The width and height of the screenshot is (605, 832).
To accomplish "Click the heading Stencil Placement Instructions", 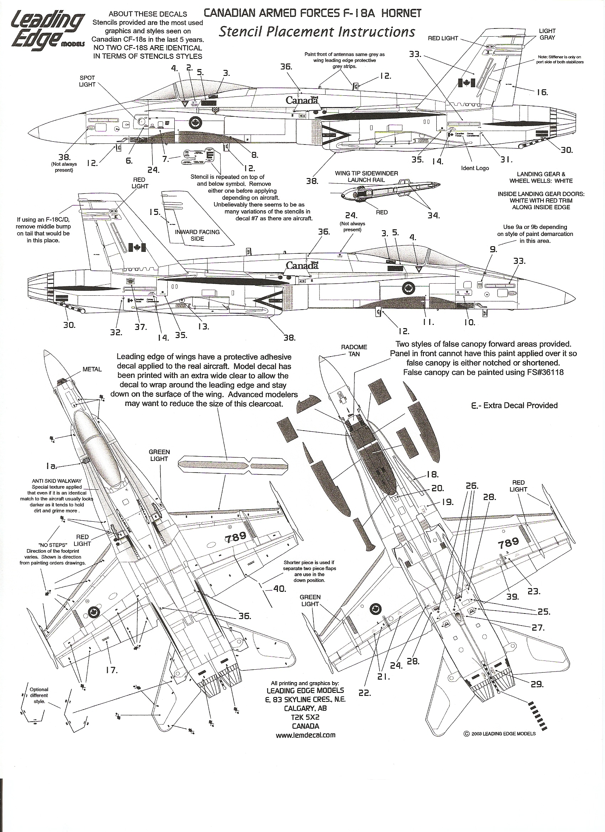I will [x=317, y=32].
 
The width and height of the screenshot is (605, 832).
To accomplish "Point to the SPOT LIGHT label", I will [x=87, y=81].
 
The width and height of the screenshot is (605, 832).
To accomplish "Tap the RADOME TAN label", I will [x=354, y=350].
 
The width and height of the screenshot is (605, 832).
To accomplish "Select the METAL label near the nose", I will [x=92, y=369].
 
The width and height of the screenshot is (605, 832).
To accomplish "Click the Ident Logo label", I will [x=475, y=168].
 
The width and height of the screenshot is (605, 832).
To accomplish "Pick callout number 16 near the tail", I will [x=542, y=92].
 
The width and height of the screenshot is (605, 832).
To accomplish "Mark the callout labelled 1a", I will [x=51, y=466].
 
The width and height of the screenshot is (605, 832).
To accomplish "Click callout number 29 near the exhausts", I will [x=537, y=684].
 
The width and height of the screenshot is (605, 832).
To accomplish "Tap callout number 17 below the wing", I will [x=111, y=670].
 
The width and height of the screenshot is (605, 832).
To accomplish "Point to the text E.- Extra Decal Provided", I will [x=514, y=405].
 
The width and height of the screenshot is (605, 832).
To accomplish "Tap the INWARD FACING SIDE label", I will [x=197, y=235].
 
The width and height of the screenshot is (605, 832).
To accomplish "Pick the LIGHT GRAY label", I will [x=547, y=34].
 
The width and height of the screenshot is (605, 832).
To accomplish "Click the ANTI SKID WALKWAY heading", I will [x=57, y=481].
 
